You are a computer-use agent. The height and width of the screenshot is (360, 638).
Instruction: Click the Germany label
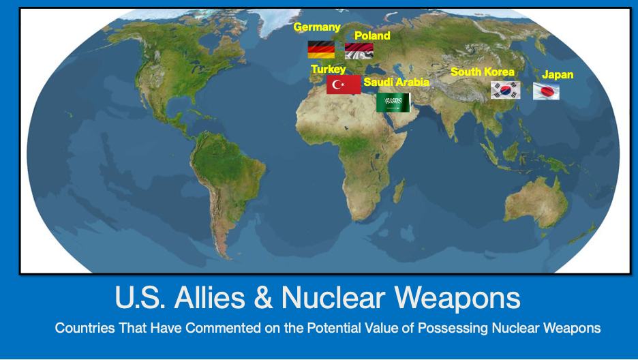click(x=317, y=27)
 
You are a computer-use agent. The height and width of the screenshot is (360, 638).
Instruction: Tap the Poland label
click(x=372, y=36)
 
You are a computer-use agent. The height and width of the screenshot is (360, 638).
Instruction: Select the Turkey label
click(x=329, y=69)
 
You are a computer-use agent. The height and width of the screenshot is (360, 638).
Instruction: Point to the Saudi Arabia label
click(x=396, y=82)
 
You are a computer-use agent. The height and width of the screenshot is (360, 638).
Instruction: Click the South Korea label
click(x=483, y=72)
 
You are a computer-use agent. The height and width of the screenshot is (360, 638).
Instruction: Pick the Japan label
click(x=558, y=75)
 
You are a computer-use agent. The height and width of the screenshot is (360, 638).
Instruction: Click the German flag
click(x=321, y=50)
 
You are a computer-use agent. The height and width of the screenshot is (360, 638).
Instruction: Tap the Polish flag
click(x=359, y=51)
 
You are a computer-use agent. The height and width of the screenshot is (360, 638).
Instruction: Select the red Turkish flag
click(x=344, y=85)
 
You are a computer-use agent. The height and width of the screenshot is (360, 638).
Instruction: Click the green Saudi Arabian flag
click(x=393, y=102)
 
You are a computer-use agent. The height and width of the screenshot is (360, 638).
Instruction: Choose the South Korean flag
click(x=505, y=90)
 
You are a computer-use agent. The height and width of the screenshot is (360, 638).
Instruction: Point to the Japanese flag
click(x=547, y=91)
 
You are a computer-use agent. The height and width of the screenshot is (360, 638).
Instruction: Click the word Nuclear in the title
click(x=333, y=297)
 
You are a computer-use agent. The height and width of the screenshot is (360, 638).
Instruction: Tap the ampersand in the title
click(x=263, y=297)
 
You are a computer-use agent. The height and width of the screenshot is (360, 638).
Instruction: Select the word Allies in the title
click(x=209, y=297)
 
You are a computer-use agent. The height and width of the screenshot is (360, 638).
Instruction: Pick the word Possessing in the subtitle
click(x=453, y=328)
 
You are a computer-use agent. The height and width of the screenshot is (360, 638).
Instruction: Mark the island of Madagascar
click(x=399, y=191)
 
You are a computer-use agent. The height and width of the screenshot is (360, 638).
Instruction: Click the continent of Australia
click(x=536, y=202)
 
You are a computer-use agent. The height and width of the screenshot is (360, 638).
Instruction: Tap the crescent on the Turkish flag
click(x=336, y=85)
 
